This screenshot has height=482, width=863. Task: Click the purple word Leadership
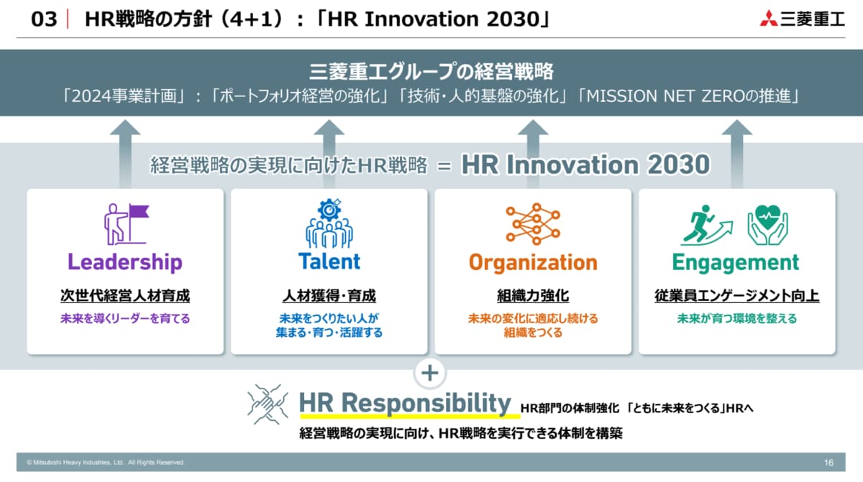pos(125,262)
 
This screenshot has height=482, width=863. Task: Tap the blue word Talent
pos(329,261)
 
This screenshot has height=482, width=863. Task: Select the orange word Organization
pos(533,263)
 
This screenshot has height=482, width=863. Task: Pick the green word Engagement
pos(736,263)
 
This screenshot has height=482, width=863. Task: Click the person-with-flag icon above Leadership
pos(127,224)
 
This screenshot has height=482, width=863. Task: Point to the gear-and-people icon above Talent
pos(329,223)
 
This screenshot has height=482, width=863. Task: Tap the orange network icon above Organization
pos(533,224)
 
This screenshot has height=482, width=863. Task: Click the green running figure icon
pos(706,226)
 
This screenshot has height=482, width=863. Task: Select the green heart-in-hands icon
pos(767,225)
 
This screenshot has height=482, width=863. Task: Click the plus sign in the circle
pos(430,373)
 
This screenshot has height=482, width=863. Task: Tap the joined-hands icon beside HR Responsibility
pos(268,404)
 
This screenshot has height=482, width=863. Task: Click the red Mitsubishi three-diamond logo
pos(768,18)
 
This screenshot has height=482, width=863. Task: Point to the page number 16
pos(828,463)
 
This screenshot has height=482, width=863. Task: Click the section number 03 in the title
pos(44,19)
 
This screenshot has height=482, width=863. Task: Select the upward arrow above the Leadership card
pos(125,154)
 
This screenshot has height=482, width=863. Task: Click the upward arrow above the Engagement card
pos(737,154)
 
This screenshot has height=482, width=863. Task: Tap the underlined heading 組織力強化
pos(533,296)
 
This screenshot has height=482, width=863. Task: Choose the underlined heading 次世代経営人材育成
pos(125,296)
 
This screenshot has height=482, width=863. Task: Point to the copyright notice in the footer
pos(106,463)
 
